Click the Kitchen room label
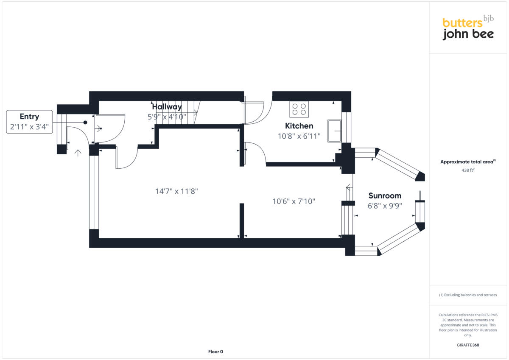pos(299,126)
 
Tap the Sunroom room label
pos(385,195)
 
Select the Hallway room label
pos(167,106)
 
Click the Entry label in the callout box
pos(29,117)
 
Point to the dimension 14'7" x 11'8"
pos(176,191)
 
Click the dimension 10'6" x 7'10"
pos(294,201)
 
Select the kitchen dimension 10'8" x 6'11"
pos(299,136)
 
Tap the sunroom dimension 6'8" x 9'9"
pos(385,206)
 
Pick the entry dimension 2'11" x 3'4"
pos(29,126)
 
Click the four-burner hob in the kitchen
pos(299,109)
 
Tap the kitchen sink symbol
pos(334,131)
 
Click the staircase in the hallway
pos(176,113)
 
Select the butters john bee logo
pos(468,28)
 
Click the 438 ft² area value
pos(468,170)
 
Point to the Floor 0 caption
pos(215,352)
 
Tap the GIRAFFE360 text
pos(468,345)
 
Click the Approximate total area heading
pos(468,162)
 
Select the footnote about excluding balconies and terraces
pos(468,295)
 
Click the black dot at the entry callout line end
pos(85,122)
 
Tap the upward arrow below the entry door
pos(78,152)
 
